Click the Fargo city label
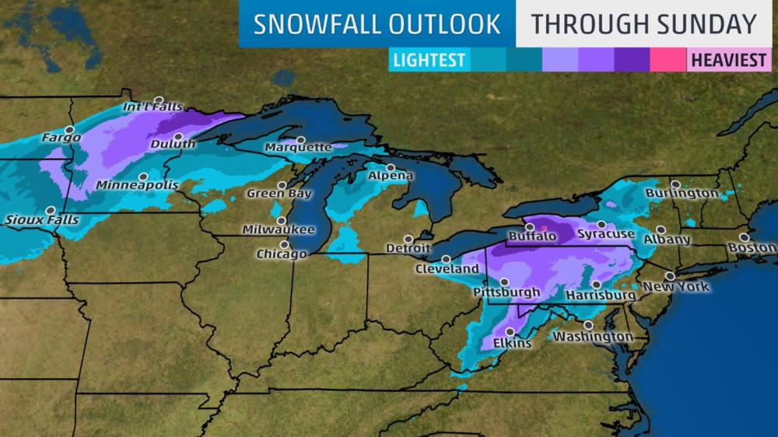pyautogui.click(x=61, y=138)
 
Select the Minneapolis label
pyautogui.click(x=137, y=186)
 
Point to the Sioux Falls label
pyautogui.click(x=42, y=220)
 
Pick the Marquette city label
pyautogui.click(x=298, y=147)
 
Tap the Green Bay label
pyautogui.click(x=279, y=194)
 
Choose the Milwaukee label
pyautogui.click(x=279, y=229)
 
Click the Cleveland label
pyautogui.click(x=447, y=269)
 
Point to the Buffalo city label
pyautogui.click(x=532, y=236)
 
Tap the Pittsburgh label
pyautogui.click(x=506, y=293)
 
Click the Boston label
pyautogui.click(x=752, y=248)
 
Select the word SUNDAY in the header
pyautogui.click(x=706, y=24)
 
